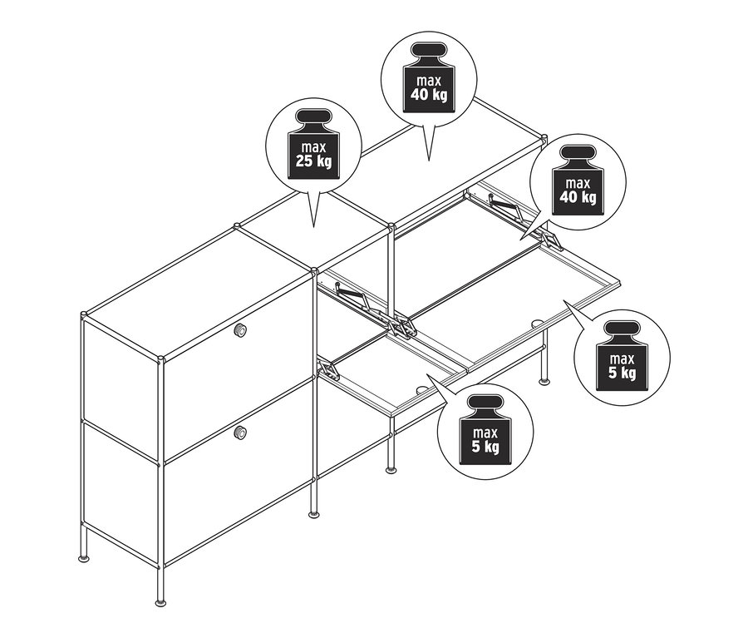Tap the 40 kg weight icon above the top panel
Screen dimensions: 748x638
tap(429, 77)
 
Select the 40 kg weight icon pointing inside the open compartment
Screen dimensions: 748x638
tap(578, 181)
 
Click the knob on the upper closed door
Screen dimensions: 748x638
tap(240, 329)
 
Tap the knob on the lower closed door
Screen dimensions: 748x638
tap(240, 433)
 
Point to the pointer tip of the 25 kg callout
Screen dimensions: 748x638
tap(313, 226)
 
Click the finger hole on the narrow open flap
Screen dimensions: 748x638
tap(422, 389)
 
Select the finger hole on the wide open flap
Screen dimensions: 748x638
tap(536, 324)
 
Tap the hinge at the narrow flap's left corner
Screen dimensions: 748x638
tap(328, 369)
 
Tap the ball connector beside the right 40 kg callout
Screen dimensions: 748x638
tap(543, 138)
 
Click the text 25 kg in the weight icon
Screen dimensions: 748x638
tap(313, 161)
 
